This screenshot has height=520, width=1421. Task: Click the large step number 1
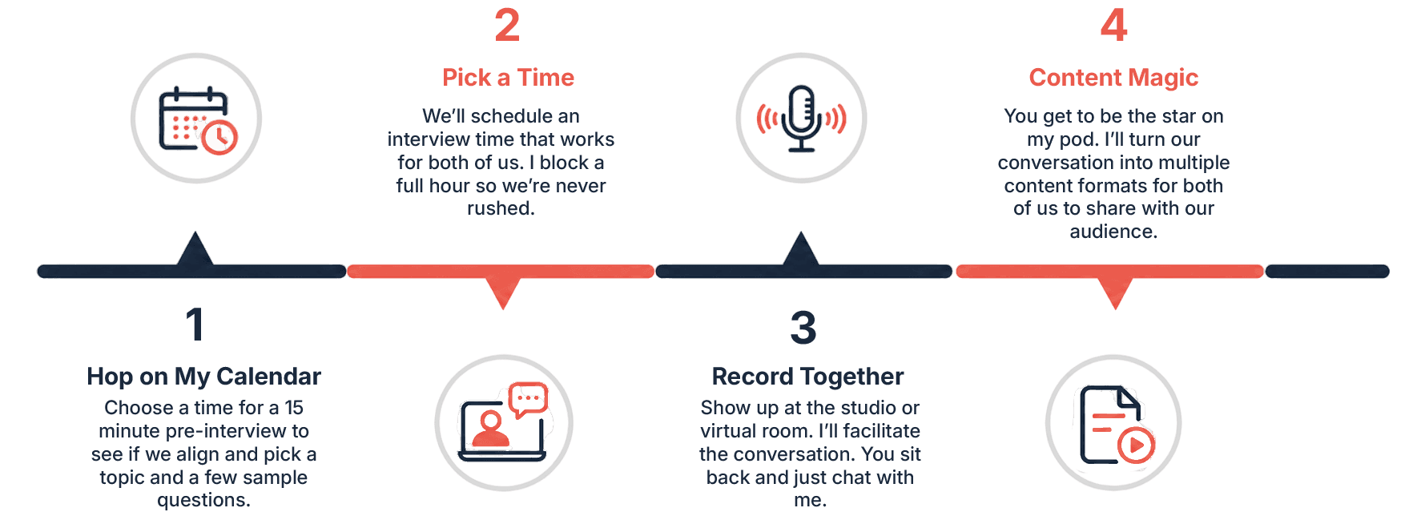click(x=195, y=324)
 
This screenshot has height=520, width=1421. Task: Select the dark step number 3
click(x=803, y=328)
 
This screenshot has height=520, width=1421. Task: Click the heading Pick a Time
click(x=508, y=78)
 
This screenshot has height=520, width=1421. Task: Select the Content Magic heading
click(x=1113, y=78)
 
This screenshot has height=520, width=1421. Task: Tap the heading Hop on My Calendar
click(x=203, y=377)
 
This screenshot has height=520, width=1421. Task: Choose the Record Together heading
click(x=807, y=377)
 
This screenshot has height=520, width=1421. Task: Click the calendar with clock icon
click(x=197, y=119)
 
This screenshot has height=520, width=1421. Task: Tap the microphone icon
click(x=801, y=119)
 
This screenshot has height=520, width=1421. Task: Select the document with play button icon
click(x=1117, y=425)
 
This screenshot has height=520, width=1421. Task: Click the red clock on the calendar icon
click(x=219, y=137)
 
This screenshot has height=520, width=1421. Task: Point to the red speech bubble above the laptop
click(x=528, y=399)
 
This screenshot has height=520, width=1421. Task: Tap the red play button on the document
click(x=1136, y=445)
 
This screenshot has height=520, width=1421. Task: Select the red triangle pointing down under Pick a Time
click(x=503, y=292)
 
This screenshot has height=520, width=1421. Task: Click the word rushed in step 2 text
click(x=501, y=208)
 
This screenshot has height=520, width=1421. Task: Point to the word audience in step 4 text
click(x=1113, y=232)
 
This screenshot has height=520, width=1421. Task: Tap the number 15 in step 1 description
click(x=294, y=408)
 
